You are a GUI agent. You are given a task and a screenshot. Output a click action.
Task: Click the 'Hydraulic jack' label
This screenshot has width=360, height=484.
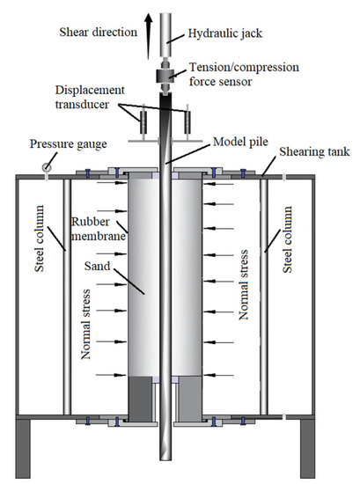pos(225,33)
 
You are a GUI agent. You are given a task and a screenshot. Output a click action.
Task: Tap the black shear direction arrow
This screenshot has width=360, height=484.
pos(149,37)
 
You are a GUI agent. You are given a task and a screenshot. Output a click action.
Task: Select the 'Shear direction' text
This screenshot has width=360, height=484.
pos(99,32)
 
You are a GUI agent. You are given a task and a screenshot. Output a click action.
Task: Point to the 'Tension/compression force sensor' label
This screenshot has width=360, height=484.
pos(244,75)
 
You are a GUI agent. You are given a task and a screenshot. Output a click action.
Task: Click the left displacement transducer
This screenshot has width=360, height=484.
pos(143,122)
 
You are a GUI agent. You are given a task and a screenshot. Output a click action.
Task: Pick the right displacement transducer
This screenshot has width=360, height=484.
pos(187,122)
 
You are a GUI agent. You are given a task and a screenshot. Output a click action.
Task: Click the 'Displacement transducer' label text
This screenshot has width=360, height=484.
pos(90,97)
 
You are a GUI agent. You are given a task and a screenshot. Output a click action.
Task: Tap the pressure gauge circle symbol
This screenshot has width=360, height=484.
pos(47,167)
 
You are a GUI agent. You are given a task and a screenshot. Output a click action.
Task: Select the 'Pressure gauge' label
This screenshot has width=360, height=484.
pos(69,144)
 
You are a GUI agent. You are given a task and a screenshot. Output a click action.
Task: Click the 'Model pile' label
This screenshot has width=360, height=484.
pos(240,142)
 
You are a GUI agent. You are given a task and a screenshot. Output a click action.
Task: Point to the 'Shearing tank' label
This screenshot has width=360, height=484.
pos(314,152)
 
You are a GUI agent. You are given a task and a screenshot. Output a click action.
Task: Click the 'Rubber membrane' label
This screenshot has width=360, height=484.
pos(99,229)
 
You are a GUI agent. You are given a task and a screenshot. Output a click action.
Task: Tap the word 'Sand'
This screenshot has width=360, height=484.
pos(97,266)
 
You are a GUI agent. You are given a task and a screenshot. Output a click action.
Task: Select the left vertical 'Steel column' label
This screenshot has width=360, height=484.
pos(40,238)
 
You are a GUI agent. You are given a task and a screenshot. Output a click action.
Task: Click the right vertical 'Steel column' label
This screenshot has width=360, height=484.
pos(287,239)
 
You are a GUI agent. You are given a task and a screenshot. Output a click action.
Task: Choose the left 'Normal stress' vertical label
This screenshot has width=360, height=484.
pos(85,325)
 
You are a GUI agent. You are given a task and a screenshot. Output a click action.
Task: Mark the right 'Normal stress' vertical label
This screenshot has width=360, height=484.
pos(244,284)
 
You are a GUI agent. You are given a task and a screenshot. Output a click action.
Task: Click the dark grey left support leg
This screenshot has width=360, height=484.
pos(22,449)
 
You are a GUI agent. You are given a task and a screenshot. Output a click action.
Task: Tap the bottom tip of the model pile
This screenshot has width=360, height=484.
pos(165,460)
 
